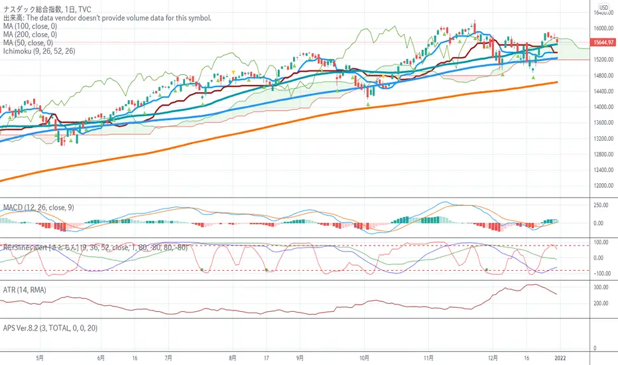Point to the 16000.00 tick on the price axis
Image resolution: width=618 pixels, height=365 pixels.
602,29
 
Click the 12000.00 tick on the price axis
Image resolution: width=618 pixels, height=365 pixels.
602,186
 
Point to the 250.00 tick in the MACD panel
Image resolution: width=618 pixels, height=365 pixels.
601,206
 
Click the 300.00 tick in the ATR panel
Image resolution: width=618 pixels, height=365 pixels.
601,287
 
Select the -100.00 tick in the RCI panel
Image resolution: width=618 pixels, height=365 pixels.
601,273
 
